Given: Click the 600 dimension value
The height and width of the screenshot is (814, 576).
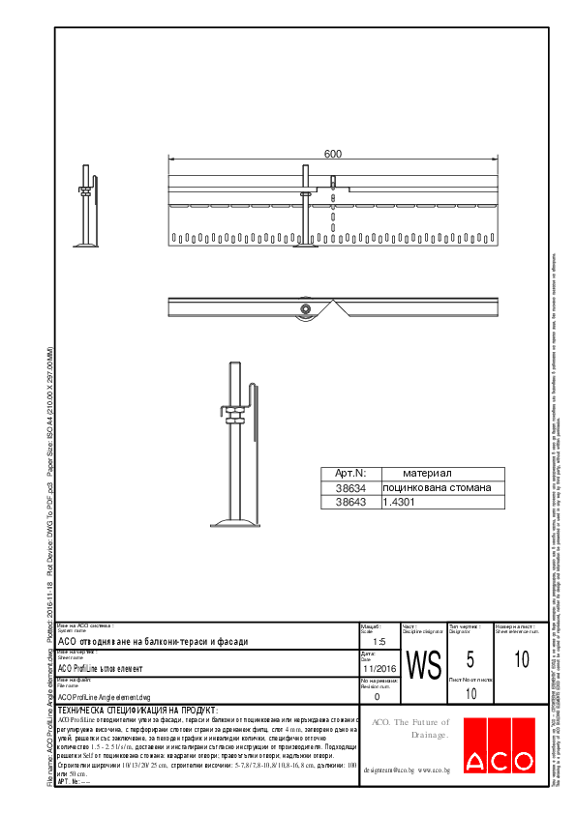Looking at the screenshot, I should click(x=333, y=154).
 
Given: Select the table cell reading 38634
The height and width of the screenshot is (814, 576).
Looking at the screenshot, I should click(x=349, y=488).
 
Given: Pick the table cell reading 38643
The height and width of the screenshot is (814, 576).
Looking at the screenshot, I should click(x=349, y=503).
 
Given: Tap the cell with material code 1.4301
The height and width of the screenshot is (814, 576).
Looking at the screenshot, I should click(x=399, y=503).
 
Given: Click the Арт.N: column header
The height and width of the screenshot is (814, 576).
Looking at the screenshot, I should click(x=349, y=473).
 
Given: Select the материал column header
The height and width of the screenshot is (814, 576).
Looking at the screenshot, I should click(x=428, y=473).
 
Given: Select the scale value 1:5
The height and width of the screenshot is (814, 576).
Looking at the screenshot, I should click(x=379, y=641).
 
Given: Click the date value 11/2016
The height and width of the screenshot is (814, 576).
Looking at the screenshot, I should click(x=379, y=668).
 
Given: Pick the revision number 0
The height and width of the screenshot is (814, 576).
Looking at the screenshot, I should click(x=377, y=695).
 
